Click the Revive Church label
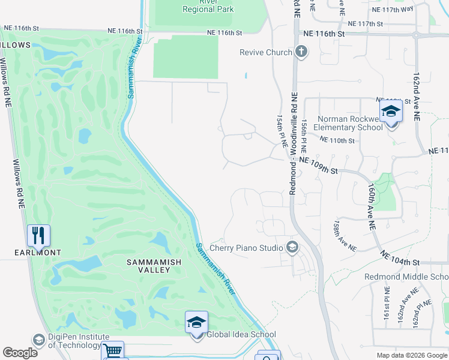click(265, 52)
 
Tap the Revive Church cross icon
click(301, 52)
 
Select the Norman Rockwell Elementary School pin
click(391, 112)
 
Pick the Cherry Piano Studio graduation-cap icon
click(292, 247)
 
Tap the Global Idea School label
click(241, 335)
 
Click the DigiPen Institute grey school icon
click(39, 340)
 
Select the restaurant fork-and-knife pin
click(38, 236)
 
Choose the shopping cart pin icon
click(113, 351)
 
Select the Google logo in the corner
click(20, 353)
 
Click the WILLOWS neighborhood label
click(15, 45)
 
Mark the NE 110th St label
click(337, 140)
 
